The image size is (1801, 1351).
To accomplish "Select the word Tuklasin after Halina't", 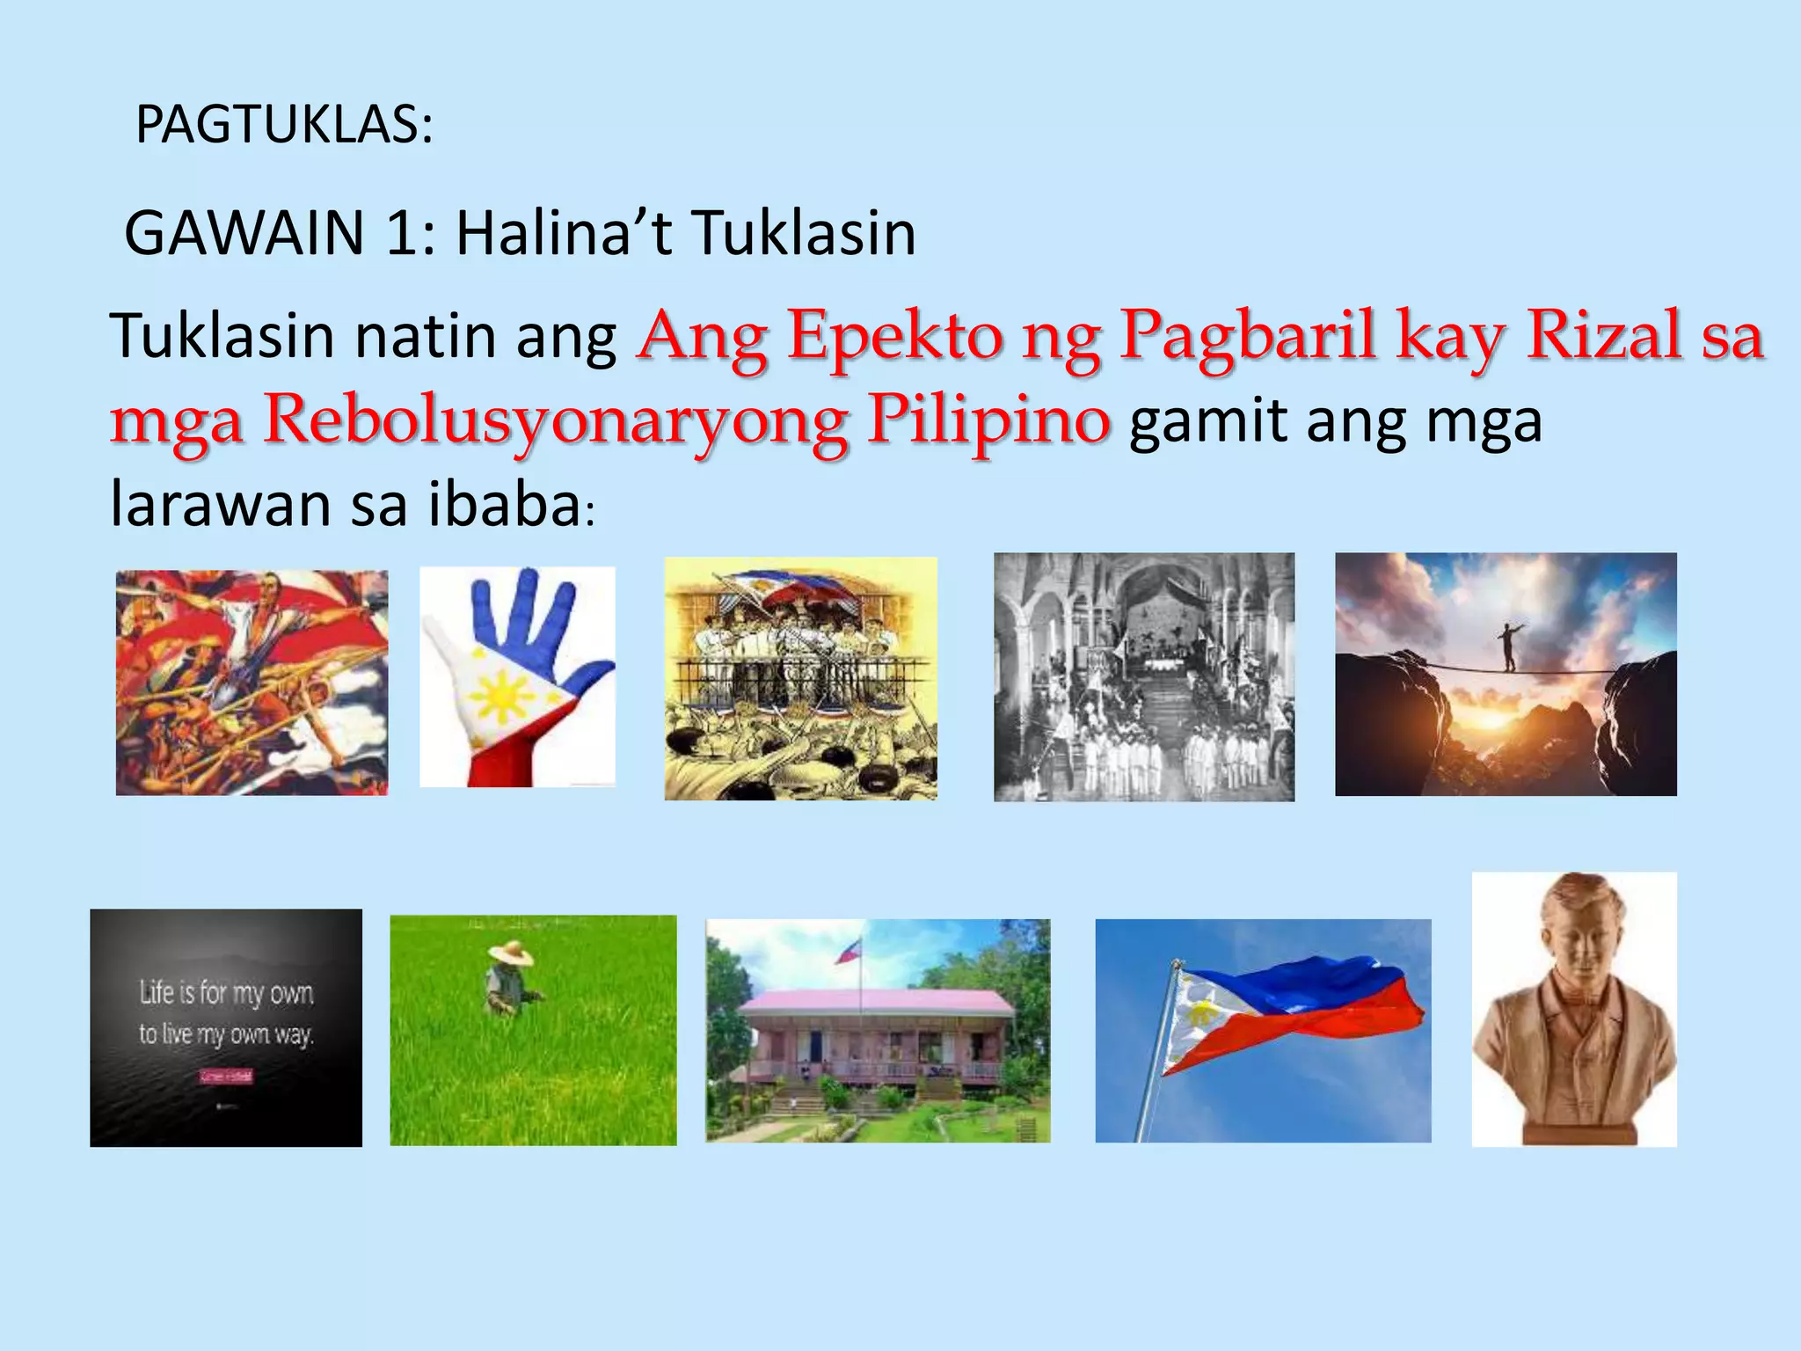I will click(804, 234).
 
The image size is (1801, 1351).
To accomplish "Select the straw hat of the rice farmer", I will click(511, 953).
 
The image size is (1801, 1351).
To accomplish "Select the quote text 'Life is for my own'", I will click(226, 993).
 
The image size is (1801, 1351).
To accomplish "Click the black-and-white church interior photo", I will click(1143, 676).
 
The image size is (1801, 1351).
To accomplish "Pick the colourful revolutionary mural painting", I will click(252, 683).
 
